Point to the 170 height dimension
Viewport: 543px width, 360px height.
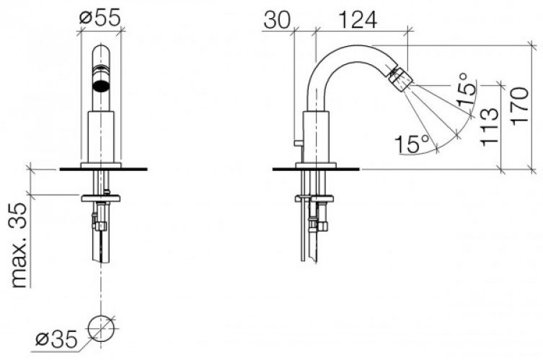click(520, 105)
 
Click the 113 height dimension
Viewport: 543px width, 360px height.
click(490, 126)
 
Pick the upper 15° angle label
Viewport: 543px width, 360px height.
click(466, 89)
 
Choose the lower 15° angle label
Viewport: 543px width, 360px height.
click(412, 144)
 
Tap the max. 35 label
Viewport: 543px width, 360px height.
click(19, 245)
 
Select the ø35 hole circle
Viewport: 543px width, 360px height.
click(101, 328)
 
